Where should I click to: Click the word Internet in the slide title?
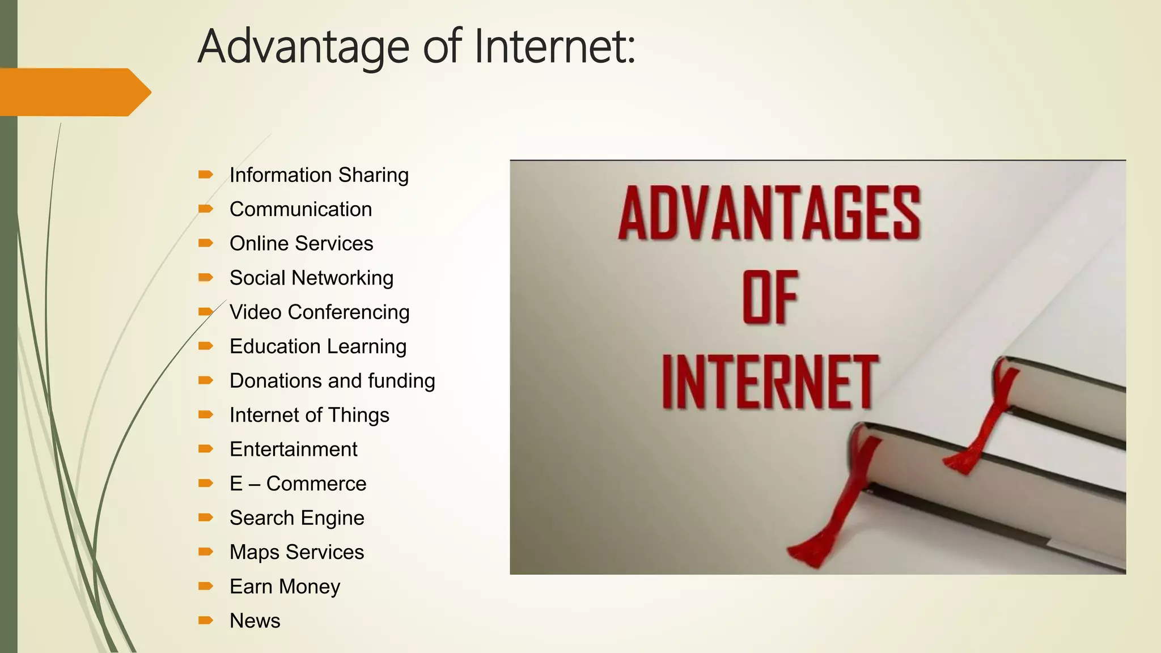(554, 46)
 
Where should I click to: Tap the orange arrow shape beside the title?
(74, 92)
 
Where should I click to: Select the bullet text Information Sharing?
(319, 175)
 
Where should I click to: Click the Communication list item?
(300, 209)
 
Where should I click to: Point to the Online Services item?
(301, 244)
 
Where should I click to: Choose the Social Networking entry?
(311, 278)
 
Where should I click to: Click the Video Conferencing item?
(319, 312)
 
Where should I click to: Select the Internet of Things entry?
(309, 415)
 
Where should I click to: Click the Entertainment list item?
(293, 450)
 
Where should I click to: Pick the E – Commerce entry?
(298, 484)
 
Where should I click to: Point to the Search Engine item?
(296, 518)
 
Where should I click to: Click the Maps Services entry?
(296, 552)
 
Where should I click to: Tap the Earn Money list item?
(285, 587)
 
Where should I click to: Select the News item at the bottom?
(255, 621)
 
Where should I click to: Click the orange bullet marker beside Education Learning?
(205, 346)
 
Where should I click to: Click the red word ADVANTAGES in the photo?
(769, 214)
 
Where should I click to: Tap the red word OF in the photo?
(770, 297)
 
